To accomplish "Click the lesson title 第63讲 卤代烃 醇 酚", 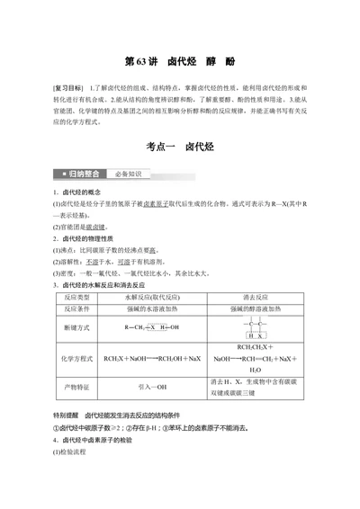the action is tap(179, 62).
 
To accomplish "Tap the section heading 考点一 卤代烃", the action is tap(179, 146).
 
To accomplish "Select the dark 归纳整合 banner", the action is tap(82, 173).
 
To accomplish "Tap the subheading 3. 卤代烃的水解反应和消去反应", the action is tap(109, 284).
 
